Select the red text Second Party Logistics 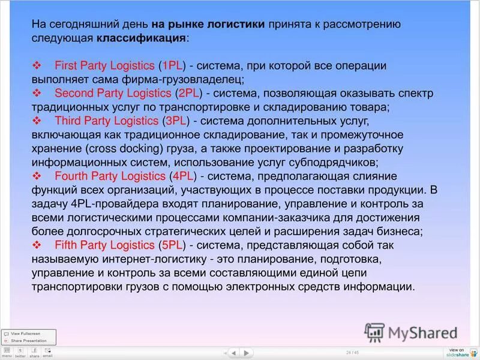pos(112,93)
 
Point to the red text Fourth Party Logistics pos(109,176)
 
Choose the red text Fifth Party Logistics pos(104,245)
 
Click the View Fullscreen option pos(25,334)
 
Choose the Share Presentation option pos(28,340)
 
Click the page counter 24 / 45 pos(352,352)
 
